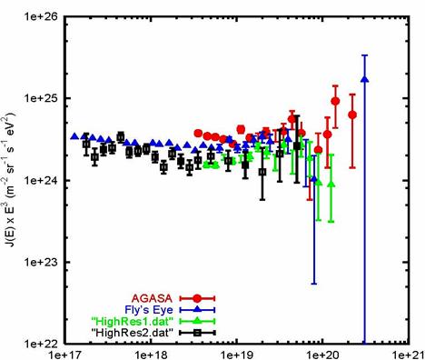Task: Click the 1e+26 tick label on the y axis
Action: click(42, 16)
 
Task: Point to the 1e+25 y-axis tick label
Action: click(42, 98)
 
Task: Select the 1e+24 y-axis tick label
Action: click(42, 180)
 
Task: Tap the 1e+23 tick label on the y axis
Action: click(42, 262)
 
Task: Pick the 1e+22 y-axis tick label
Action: click(42, 344)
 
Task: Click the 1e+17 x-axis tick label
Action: click(65, 355)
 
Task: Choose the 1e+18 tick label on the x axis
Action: click(151, 355)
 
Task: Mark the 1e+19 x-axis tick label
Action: click(237, 355)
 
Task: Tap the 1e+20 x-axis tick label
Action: click(322, 355)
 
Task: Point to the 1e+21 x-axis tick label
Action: click(407, 355)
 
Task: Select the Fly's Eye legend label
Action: click(149, 310)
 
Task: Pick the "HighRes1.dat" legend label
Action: click(133, 321)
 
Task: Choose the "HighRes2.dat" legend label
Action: click(133, 333)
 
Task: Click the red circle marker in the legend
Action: click(197, 298)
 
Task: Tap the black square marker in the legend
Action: click(197, 333)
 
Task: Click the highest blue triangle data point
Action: click(365, 79)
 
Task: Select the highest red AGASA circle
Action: click(335, 101)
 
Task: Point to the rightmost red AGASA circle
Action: click(352, 115)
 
